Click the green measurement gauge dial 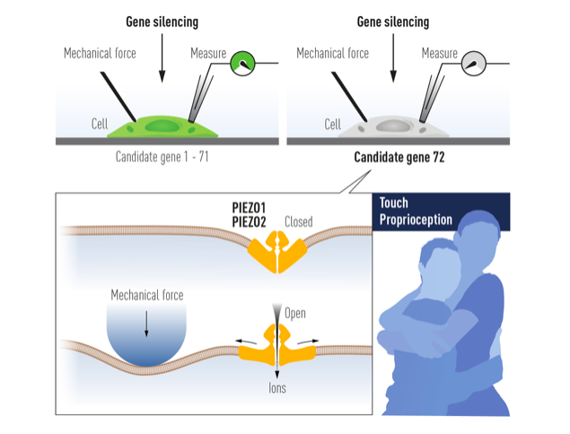[244, 64]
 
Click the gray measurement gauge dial [475, 64]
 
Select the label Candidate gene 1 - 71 [162, 158]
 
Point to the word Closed [299, 221]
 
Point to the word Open [295, 314]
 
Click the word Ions [277, 390]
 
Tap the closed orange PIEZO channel [276, 253]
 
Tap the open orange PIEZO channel [276, 343]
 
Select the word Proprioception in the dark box [416, 221]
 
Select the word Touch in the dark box [394, 204]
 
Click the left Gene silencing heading [162, 21]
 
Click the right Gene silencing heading [393, 21]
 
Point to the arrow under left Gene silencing [162, 59]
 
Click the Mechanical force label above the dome [146, 295]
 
